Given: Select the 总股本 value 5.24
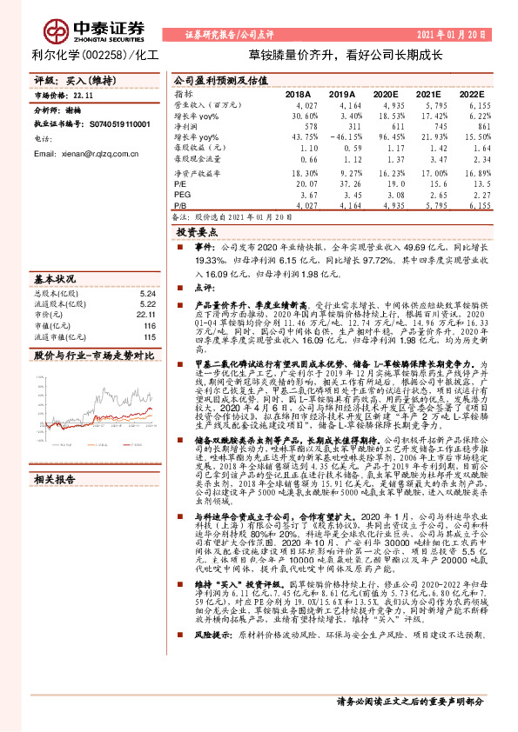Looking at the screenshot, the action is (146, 294).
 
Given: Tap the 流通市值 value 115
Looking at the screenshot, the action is (148, 336).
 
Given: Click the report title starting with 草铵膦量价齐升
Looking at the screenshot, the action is (346, 54).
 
